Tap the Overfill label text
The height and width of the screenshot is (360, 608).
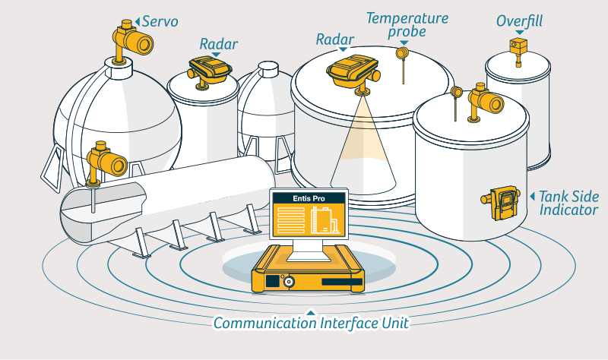pyautogui.click(x=520, y=21)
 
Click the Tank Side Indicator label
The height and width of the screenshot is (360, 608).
pyautogui.click(x=568, y=202)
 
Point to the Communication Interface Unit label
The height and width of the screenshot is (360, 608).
pyautogui.click(x=311, y=323)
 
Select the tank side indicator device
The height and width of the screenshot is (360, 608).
pyautogui.click(x=499, y=201)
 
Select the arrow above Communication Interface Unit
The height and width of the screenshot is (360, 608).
pyautogui.click(x=309, y=311)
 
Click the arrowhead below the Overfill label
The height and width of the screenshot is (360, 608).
pyautogui.click(x=520, y=32)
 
